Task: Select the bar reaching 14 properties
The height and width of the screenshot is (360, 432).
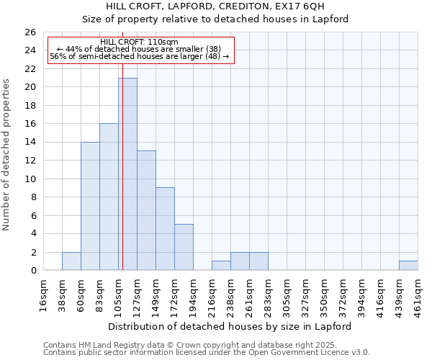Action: point(90,206)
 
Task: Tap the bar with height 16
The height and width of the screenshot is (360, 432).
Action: point(109,197)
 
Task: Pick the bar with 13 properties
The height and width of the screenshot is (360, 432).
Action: point(146,210)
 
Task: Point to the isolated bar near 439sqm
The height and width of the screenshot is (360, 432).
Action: point(408,266)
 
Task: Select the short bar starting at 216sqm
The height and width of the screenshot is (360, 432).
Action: point(221,266)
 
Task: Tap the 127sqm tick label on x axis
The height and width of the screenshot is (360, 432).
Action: point(137,294)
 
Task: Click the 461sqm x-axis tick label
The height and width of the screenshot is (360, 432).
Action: point(418,294)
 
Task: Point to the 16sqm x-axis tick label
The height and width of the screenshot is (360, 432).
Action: point(43,294)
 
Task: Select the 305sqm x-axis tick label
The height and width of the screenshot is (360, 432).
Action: point(287,294)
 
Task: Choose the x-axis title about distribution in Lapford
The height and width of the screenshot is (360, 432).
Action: point(230,326)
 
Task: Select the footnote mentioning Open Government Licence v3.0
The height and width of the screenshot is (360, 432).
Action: point(207,352)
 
